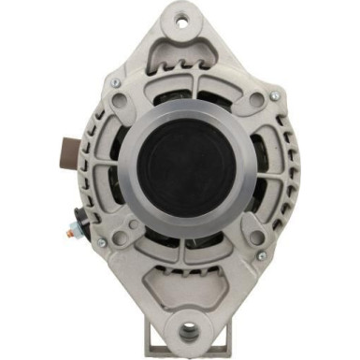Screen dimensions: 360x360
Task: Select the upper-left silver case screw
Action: pyautogui.click(x=115, y=82)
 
